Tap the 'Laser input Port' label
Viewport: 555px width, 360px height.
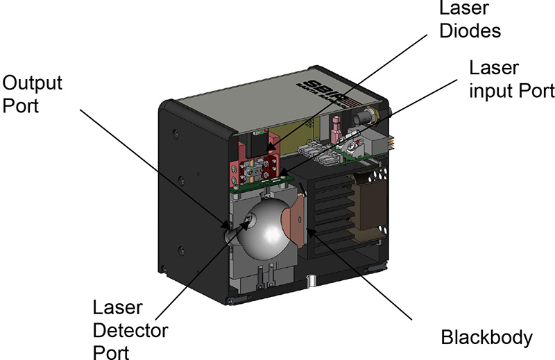[512, 80]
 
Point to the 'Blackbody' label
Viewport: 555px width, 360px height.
[486, 338]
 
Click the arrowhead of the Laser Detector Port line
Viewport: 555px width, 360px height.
[248, 223]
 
